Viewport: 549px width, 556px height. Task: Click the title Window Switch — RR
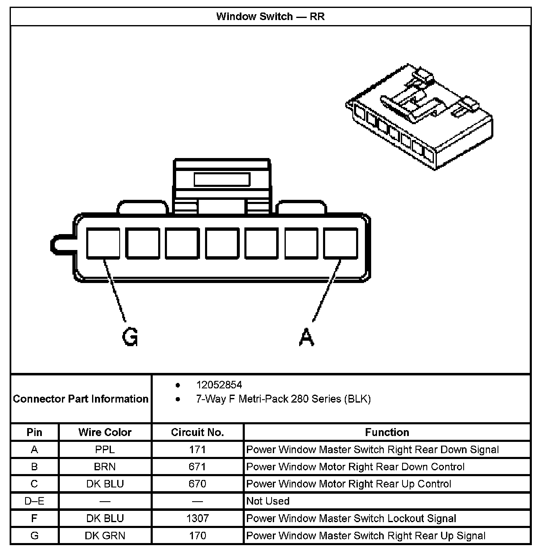(270, 17)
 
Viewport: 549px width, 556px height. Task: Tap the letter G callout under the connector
(130, 337)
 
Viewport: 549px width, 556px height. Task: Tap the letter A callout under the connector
(306, 337)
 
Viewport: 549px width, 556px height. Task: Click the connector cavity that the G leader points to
(103, 243)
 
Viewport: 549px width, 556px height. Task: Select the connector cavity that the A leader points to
(341, 243)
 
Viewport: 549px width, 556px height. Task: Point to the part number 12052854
(219, 385)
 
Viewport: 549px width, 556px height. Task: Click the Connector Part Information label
(81, 399)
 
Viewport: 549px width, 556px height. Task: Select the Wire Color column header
(105, 432)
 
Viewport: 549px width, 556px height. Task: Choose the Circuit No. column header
(198, 432)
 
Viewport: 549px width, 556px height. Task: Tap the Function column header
(387, 432)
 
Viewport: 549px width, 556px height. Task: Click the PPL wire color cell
(105, 450)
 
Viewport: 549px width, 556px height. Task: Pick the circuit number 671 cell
(198, 467)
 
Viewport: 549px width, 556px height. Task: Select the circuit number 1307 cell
(198, 519)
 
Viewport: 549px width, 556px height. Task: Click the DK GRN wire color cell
(105, 536)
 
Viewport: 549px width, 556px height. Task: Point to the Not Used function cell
(268, 501)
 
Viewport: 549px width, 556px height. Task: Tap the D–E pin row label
(34, 501)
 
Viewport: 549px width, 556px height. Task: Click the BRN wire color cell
(105, 467)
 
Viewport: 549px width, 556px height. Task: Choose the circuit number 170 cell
(198, 536)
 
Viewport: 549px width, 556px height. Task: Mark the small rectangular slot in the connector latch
(222, 180)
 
